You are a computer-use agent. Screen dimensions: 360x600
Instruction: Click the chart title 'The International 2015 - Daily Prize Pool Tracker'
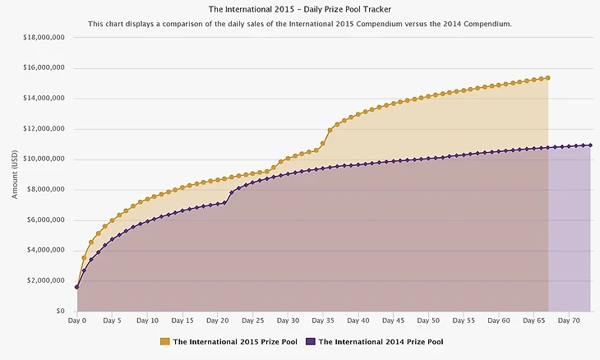pyautogui.click(x=300, y=10)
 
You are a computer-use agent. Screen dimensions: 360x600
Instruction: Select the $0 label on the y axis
pyautogui.click(x=61, y=312)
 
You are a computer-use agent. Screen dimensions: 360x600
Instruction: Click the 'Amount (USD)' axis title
pyautogui.click(x=14, y=174)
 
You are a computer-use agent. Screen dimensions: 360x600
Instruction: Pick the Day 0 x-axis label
pyautogui.click(x=77, y=321)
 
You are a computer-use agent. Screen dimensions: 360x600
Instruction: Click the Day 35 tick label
pyautogui.click(x=324, y=321)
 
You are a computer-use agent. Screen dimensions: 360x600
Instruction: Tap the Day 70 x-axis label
pyautogui.click(x=570, y=321)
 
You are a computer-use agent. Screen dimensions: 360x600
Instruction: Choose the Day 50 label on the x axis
pyautogui.click(x=429, y=321)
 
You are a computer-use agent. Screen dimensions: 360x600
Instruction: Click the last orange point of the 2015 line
pyautogui.click(x=548, y=78)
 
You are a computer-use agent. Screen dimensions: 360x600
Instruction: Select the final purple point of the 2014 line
pyautogui.click(x=590, y=145)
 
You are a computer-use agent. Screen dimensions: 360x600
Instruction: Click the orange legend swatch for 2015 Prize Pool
pyautogui.click(x=165, y=341)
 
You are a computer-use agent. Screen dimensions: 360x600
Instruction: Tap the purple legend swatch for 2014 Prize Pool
pyautogui.click(x=310, y=341)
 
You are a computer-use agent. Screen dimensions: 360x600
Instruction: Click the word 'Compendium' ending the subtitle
pyautogui.click(x=487, y=25)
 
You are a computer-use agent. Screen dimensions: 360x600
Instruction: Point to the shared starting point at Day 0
pyautogui.click(x=77, y=287)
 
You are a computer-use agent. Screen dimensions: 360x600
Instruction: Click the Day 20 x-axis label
pyautogui.click(x=218, y=321)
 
